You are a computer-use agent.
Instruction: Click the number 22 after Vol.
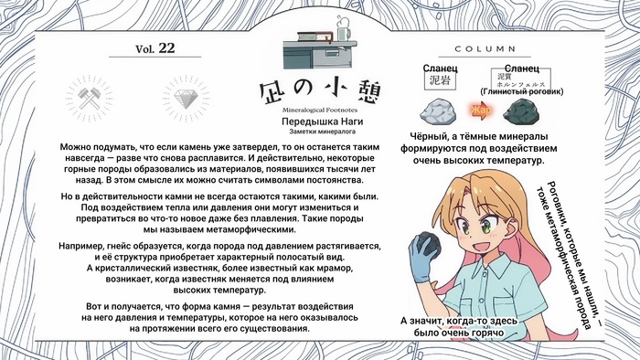(x=166, y=48)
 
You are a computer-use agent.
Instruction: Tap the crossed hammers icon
(x=89, y=99)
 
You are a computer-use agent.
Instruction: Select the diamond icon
(x=186, y=99)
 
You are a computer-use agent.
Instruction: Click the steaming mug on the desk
(x=342, y=28)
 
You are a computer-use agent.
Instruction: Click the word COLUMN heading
(x=485, y=49)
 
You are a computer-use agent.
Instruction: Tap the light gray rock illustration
(x=438, y=111)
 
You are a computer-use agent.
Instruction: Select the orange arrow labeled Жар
(x=481, y=111)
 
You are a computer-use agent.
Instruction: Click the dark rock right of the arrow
(x=521, y=111)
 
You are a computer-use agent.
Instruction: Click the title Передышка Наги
(x=322, y=122)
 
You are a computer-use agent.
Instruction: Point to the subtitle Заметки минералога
(x=322, y=132)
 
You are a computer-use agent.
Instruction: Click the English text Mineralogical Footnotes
(x=320, y=110)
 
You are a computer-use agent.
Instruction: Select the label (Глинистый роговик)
(x=522, y=91)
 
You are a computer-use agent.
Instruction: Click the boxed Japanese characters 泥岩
(x=440, y=80)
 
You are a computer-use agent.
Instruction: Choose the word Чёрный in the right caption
(x=427, y=136)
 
